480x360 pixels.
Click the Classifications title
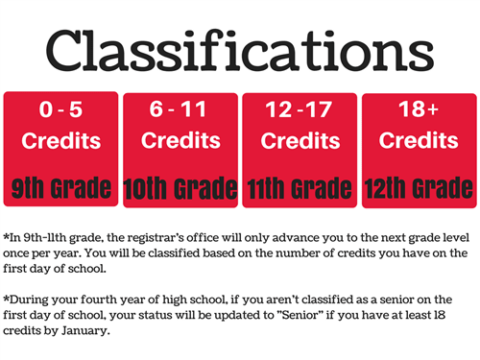tap(240, 50)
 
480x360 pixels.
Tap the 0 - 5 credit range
tap(60, 109)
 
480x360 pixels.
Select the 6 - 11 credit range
tap(178, 109)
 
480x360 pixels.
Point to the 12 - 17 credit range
tap(299, 109)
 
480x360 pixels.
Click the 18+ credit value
tap(419, 108)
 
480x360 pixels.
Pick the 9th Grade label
tap(61, 187)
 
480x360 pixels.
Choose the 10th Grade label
tap(180, 188)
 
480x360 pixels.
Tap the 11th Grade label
tap(300, 188)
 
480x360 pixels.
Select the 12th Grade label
tap(419, 188)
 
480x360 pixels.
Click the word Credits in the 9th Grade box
tap(61, 141)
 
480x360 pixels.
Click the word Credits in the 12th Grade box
tap(419, 140)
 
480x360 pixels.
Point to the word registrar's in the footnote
tap(155, 238)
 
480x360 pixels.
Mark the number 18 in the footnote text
tap(440, 315)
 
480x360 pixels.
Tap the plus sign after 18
tap(433, 109)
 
